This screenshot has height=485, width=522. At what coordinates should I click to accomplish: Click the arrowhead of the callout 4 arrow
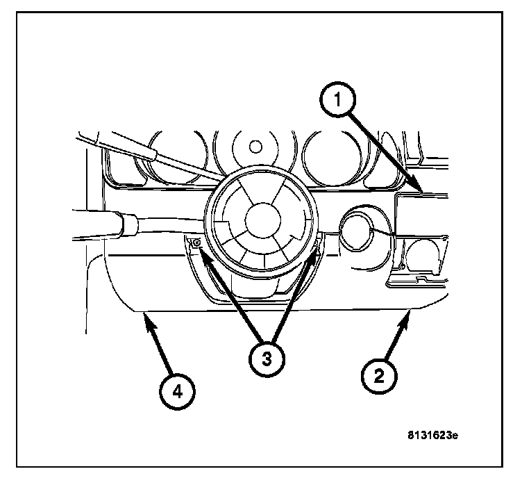click(145, 318)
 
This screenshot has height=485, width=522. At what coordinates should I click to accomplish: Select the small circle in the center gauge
click(255, 147)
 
